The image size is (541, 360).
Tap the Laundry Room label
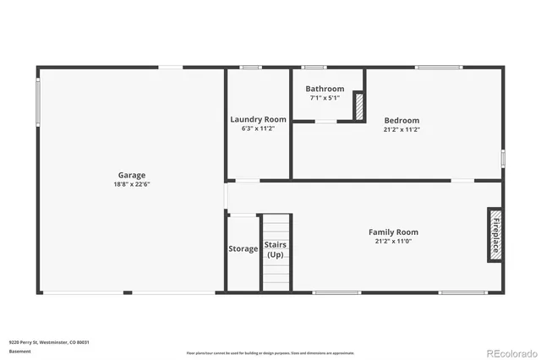pyautogui.click(x=259, y=120)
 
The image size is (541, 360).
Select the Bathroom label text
pyautogui.click(x=325, y=89)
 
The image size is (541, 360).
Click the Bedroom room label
pyautogui.click(x=402, y=120)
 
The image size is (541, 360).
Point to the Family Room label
pyautogui.click(x=393, y=232)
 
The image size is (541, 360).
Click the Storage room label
pyautogui.click(x=243, y=248)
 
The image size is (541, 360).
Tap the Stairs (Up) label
pyautogui.click(x=276, y=249)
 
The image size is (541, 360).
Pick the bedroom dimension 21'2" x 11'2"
pyautogui.click(x=402, y=129)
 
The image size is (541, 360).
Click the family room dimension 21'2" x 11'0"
pyautogui.click(x=393, y=241)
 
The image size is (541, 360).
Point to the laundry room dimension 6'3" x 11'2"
pyautogui.click(x=259, y=129)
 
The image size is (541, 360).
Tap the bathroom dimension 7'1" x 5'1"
pyautogui.click(x=325, y=98)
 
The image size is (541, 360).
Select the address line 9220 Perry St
pyautogui.click(x=49, y=342)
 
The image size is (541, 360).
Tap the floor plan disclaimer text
pyautogui.click(x=270, y=352)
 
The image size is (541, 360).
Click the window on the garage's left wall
pyautogui.click(x=36, y=102)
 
